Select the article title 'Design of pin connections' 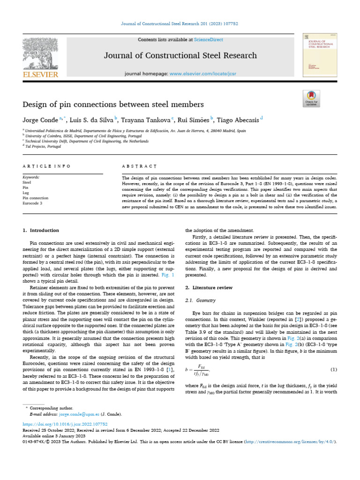(x=113, y=104)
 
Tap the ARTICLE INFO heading (x=47, y=166)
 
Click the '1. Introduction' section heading (x=41, y=231)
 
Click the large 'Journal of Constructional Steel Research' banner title (x=180, y=55)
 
